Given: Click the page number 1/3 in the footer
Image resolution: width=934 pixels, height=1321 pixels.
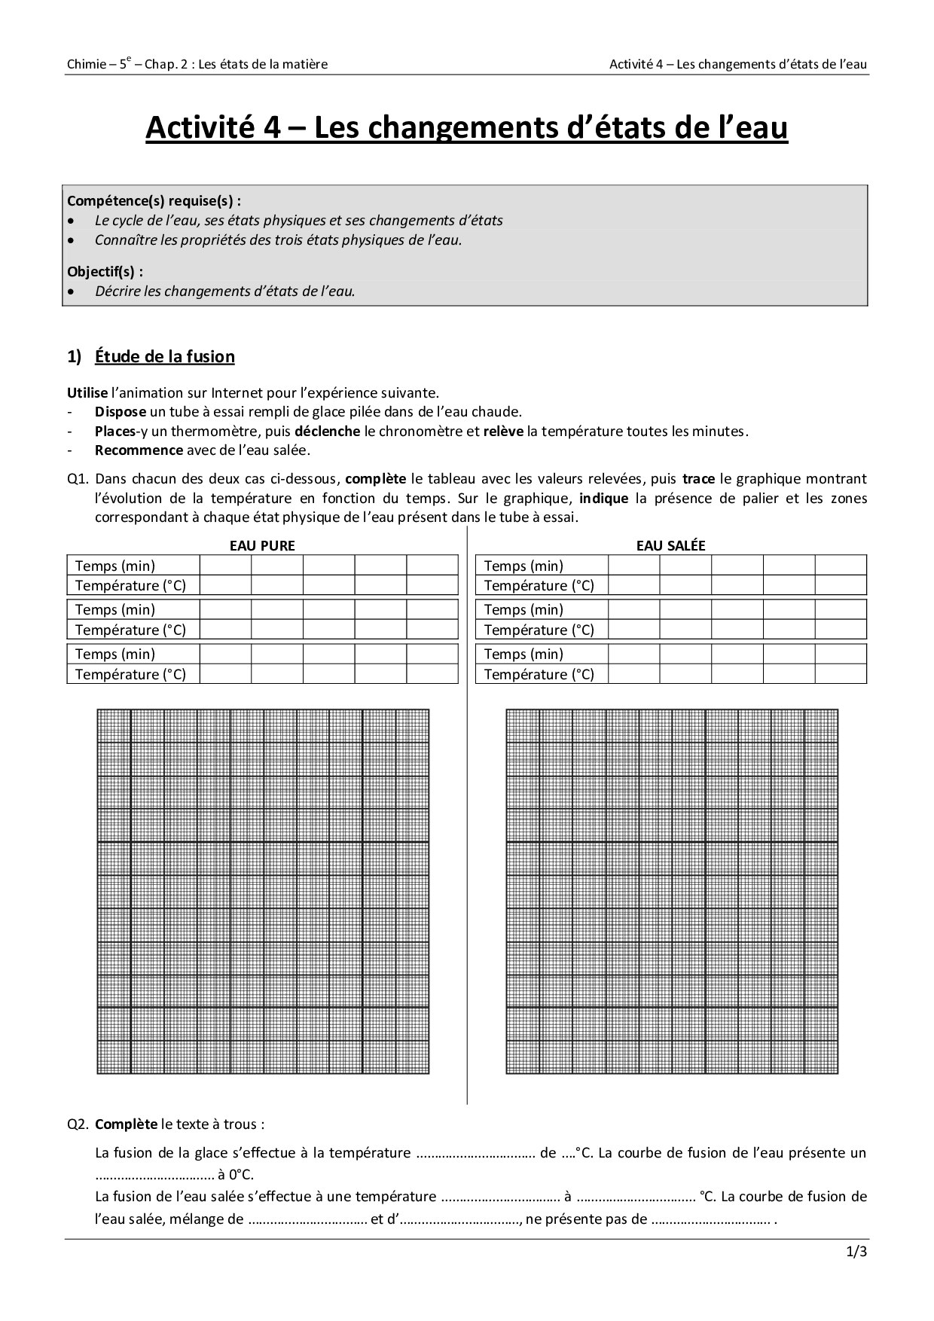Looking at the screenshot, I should (857, 1252).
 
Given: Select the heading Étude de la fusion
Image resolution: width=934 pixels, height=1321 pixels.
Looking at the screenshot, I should (164, 356).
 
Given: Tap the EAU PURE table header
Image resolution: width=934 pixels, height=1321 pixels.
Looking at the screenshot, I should (262, 545).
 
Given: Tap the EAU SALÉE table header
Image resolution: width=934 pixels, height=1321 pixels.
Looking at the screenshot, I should (670, 545).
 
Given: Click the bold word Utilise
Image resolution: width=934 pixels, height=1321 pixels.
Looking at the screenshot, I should (87, 392).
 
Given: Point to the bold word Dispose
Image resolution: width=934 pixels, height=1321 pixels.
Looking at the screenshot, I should (120, 412).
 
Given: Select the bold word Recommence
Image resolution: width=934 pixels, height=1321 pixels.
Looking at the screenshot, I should (139, 450).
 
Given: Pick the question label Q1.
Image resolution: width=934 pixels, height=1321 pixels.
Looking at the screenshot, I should (78, 479).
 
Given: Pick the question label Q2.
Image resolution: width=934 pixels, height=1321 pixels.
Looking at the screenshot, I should (78, 1124).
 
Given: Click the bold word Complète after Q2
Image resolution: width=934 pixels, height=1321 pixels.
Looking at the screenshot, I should (126, 1124).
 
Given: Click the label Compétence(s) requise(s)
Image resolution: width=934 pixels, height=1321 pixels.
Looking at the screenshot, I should (154, 201).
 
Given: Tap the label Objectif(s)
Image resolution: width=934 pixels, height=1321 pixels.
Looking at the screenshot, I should (105, 271).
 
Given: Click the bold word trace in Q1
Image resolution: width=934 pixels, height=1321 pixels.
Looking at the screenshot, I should (698, 479).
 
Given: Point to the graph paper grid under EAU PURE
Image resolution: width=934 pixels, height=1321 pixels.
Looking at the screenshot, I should (263, 891).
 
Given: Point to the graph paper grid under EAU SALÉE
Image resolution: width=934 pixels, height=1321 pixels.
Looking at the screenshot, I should (672, 891).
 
